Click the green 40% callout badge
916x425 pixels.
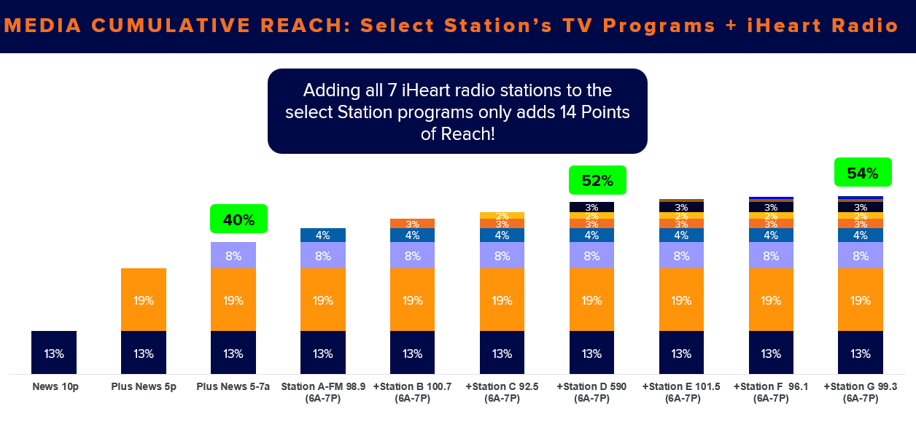tap(238, 219)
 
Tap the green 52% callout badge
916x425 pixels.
tap(597, 180)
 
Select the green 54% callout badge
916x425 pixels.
tap(863, 173)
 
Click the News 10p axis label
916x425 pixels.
tap(55, 386)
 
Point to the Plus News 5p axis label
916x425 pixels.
tap(144, 386)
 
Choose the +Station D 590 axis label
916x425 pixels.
tap(591, 392)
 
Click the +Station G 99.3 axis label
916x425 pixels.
tap(861, 392)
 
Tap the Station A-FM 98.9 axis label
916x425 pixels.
tap(323, 392)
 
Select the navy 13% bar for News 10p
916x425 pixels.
tap(54, 352)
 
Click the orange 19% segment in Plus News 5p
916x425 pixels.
tap(144, 300)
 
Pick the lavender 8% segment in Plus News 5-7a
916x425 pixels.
tap(233, 255)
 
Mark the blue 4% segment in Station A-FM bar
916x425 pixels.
tap(323, 235)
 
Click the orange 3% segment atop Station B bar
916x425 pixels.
tap(412, 224)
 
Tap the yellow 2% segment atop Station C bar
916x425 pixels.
tap(502, 216)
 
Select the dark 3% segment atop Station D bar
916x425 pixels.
tap(591, 207)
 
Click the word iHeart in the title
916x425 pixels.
tap(784, 26)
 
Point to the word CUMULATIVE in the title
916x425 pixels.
tap(171, 26)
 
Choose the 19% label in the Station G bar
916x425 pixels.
tap(861, 301)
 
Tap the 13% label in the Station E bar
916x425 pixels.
tap(681, 354)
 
